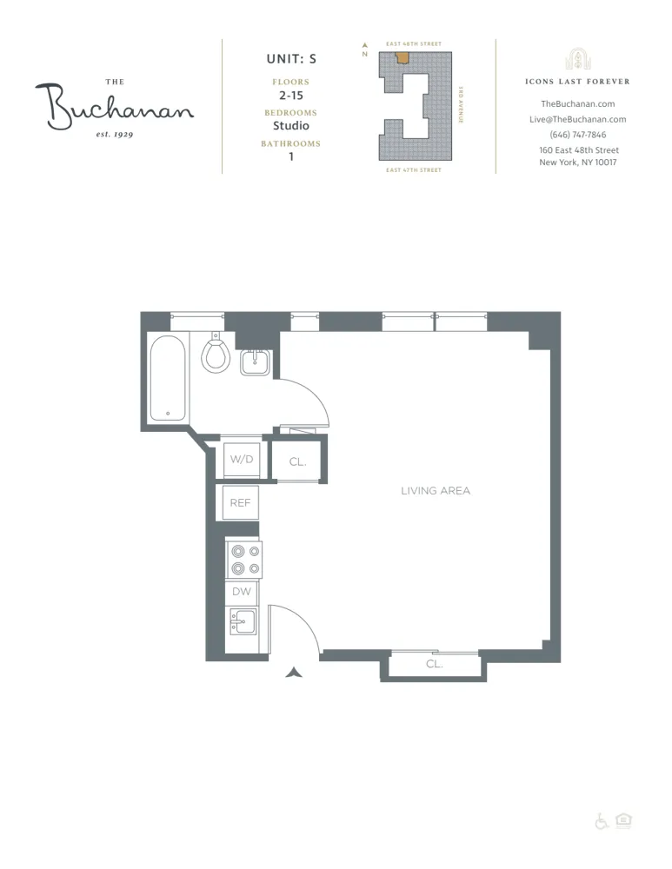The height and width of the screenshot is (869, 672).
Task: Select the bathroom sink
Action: click(x=256, y=362)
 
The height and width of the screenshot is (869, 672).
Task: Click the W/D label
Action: click(x=242, y=459)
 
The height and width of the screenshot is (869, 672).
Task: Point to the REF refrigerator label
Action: click(x=240, y=503)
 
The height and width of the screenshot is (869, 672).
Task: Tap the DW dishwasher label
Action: click(x=242, y=592)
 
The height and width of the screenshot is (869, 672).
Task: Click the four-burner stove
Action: click(x=244, y=560)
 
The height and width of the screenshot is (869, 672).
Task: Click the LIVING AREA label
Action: click(x=436, y=491)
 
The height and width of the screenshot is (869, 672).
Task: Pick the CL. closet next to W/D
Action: click(x=298, y=462)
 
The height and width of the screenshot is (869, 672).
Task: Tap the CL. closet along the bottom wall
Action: click(x=435, y=664)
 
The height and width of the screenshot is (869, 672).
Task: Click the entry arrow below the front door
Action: click(x=294, y=672)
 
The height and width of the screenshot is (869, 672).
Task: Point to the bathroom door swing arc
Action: click(x=313, y=395)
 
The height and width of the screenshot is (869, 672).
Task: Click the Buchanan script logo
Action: click(x=115, y=106)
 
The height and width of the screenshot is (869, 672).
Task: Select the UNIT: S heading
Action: click(x=291, y=59)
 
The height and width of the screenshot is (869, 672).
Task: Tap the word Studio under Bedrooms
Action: click(x=291, y=126)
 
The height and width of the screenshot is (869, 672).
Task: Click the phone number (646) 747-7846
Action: click(x=578, y=135)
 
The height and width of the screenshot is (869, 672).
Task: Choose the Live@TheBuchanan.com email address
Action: click(x=578, y=119)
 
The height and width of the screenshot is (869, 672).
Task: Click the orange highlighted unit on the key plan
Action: click(x=403, y=58)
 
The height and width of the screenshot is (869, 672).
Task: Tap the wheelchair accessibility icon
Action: click(x=602, y=821)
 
